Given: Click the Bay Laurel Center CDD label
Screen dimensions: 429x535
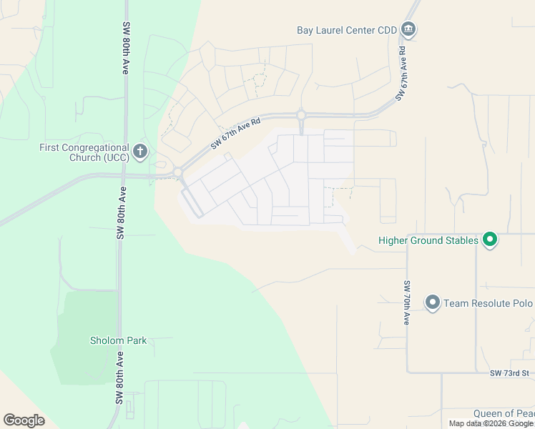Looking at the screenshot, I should (x=346, y=30).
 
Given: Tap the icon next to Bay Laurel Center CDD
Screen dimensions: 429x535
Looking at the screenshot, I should (x=408, y=29).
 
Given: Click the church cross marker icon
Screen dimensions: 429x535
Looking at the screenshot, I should (x=140, y=151).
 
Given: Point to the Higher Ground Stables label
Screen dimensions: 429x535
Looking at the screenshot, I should (x=428, y=240).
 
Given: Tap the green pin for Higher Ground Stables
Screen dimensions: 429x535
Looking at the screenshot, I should (x=490, y=240).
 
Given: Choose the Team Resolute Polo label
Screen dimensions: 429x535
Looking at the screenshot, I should (x=488, y=303).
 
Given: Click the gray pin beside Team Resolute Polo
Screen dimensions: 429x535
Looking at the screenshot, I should (x=432, y=302).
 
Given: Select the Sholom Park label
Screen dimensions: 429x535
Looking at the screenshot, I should (x=118, y=340).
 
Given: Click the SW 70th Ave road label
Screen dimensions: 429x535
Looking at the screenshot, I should (x=406, y=302).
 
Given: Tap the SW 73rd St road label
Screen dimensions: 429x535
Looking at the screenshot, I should (x=509, y=373).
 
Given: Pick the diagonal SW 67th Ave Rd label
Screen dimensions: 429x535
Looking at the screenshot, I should (x=235, y=133).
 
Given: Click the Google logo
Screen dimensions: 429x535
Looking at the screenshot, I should (x=24, y=420).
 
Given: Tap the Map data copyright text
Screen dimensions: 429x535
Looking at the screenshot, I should (x=491, y=423).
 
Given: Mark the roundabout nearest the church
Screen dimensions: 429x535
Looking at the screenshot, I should (x=177, y=172).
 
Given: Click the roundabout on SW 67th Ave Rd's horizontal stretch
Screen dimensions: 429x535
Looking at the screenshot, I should (x=301, y=114).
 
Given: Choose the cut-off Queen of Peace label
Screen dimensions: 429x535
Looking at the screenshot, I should (x=504, y=414).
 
